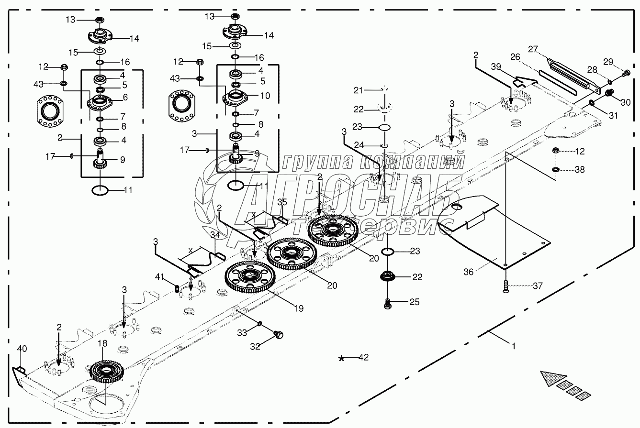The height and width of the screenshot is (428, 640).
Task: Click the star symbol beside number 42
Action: click(x=341, y=358)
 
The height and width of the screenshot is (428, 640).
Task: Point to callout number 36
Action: click(x=468, y=271)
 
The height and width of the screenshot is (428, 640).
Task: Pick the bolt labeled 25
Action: click(x=389, y=302)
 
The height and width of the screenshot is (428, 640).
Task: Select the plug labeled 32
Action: click(x=278, y=335)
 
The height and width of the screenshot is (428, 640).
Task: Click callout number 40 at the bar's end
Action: click(x=22, y=349)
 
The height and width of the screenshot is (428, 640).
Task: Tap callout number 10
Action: click(x=264, y=96)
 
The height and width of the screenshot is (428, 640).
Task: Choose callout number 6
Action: click(x=125, y=97)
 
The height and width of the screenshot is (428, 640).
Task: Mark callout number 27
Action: click(x=533, y=49)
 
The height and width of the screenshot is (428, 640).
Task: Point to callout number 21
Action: click(x=359, y=89)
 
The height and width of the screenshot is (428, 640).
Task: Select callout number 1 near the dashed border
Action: click(x=513, y=345)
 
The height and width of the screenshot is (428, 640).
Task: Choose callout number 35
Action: click(x=282, y=202)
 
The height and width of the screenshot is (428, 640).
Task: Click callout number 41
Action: click(x=159, y=276)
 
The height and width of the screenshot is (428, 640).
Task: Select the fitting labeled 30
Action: click(x=610, y=93)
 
